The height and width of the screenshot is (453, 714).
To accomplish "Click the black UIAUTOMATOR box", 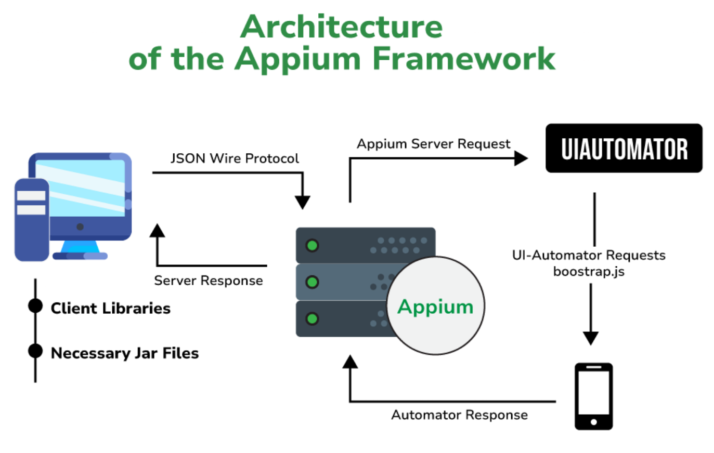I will click(x=624, y=148).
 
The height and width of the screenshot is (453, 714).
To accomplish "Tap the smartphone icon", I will click(x=593, y=396).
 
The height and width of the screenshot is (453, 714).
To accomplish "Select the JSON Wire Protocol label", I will click(x=235, y=158).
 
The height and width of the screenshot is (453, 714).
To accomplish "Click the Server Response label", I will click(x=209, y=281).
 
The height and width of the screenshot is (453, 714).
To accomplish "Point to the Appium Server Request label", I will click(x=433, y=144).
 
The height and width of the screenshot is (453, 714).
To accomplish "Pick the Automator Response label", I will click(x=459, y=415).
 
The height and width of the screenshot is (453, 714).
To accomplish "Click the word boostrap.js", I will click(x=589, y=271).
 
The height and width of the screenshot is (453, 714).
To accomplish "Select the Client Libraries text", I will click(x=110, y=309).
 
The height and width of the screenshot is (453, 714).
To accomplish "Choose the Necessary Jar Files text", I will click(x=125, y=353).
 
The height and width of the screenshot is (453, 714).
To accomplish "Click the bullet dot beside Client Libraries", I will click(x=35, y=306).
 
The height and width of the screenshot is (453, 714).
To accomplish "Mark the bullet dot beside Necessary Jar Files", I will click(x=35, y=351).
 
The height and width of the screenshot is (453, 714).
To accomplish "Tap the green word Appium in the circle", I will click(x=435, y=307).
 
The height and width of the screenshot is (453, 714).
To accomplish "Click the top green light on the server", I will click(x=312, y=245).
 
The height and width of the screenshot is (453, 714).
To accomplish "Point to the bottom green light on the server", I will click(x=312, y=318).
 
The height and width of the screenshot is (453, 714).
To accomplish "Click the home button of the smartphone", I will click(x=593, y=422).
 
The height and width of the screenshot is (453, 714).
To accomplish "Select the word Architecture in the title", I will click(x=341, y=26).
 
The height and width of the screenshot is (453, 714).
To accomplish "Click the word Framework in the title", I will click(x=463, y=58).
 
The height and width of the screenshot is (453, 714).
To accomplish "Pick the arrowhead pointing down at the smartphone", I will click(x=590, y=338).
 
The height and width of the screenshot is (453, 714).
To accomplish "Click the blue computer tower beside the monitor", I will click(x=31, y=219).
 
